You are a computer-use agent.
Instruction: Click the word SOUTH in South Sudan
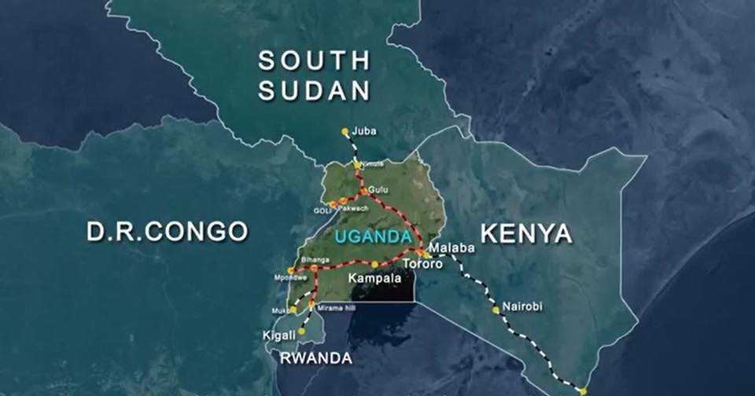point(314,60)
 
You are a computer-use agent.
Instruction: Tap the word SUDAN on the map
point(314,91)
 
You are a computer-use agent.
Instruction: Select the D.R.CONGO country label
point(167,232)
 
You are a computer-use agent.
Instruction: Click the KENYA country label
point(525,233)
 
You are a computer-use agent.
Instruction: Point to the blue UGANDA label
point(373,236)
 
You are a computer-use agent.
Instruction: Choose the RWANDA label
point(315,358)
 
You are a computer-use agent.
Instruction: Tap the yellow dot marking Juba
point(344,131)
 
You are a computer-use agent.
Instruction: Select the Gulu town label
point(378,190)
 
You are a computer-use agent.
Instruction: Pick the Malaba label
point(454,247)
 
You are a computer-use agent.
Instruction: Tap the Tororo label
point(422,265)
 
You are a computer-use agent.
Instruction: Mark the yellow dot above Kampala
point(374,264)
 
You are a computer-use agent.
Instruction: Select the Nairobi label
point(522,306)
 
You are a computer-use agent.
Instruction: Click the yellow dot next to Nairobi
point(495,310)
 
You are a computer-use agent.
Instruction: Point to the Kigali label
point(278,335)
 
